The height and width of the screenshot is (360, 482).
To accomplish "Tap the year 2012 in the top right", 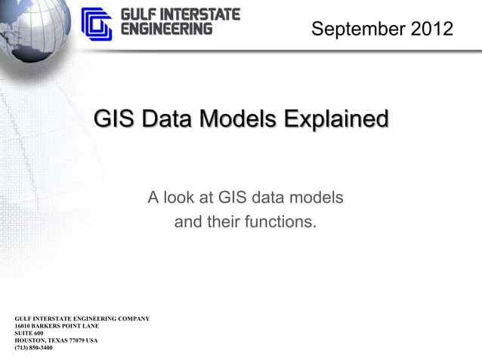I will click(432, 29).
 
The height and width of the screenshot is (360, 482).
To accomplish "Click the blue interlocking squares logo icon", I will click(97, 23).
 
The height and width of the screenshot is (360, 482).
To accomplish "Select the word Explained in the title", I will click(335, 119).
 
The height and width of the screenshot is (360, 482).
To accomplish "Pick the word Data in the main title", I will click(169, 119).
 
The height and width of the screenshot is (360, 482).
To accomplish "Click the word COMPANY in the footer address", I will click(130, 318).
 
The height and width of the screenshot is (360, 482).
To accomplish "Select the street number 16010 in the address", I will click(23, 326).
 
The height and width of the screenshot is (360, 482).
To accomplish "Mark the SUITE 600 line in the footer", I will click(29, 333).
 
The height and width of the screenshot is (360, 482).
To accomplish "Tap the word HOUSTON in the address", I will click(30, 340).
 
